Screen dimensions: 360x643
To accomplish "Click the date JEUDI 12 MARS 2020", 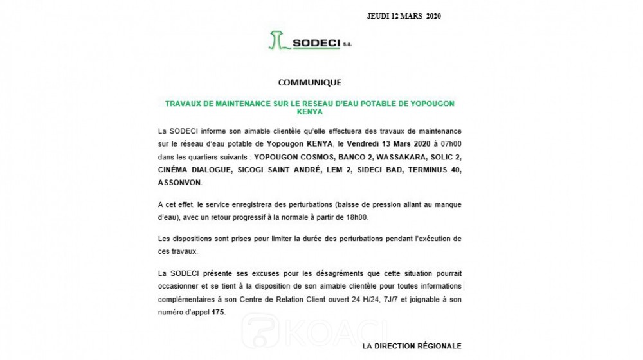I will click(x=404, y=16).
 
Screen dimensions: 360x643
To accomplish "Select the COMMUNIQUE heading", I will click(x=309, y=83).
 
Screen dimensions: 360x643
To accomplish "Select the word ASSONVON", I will click(x=180, y=183).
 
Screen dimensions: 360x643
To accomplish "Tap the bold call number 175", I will click(x=218, y=312).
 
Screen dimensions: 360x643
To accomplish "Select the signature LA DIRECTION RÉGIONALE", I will click(x=412, y=346).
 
